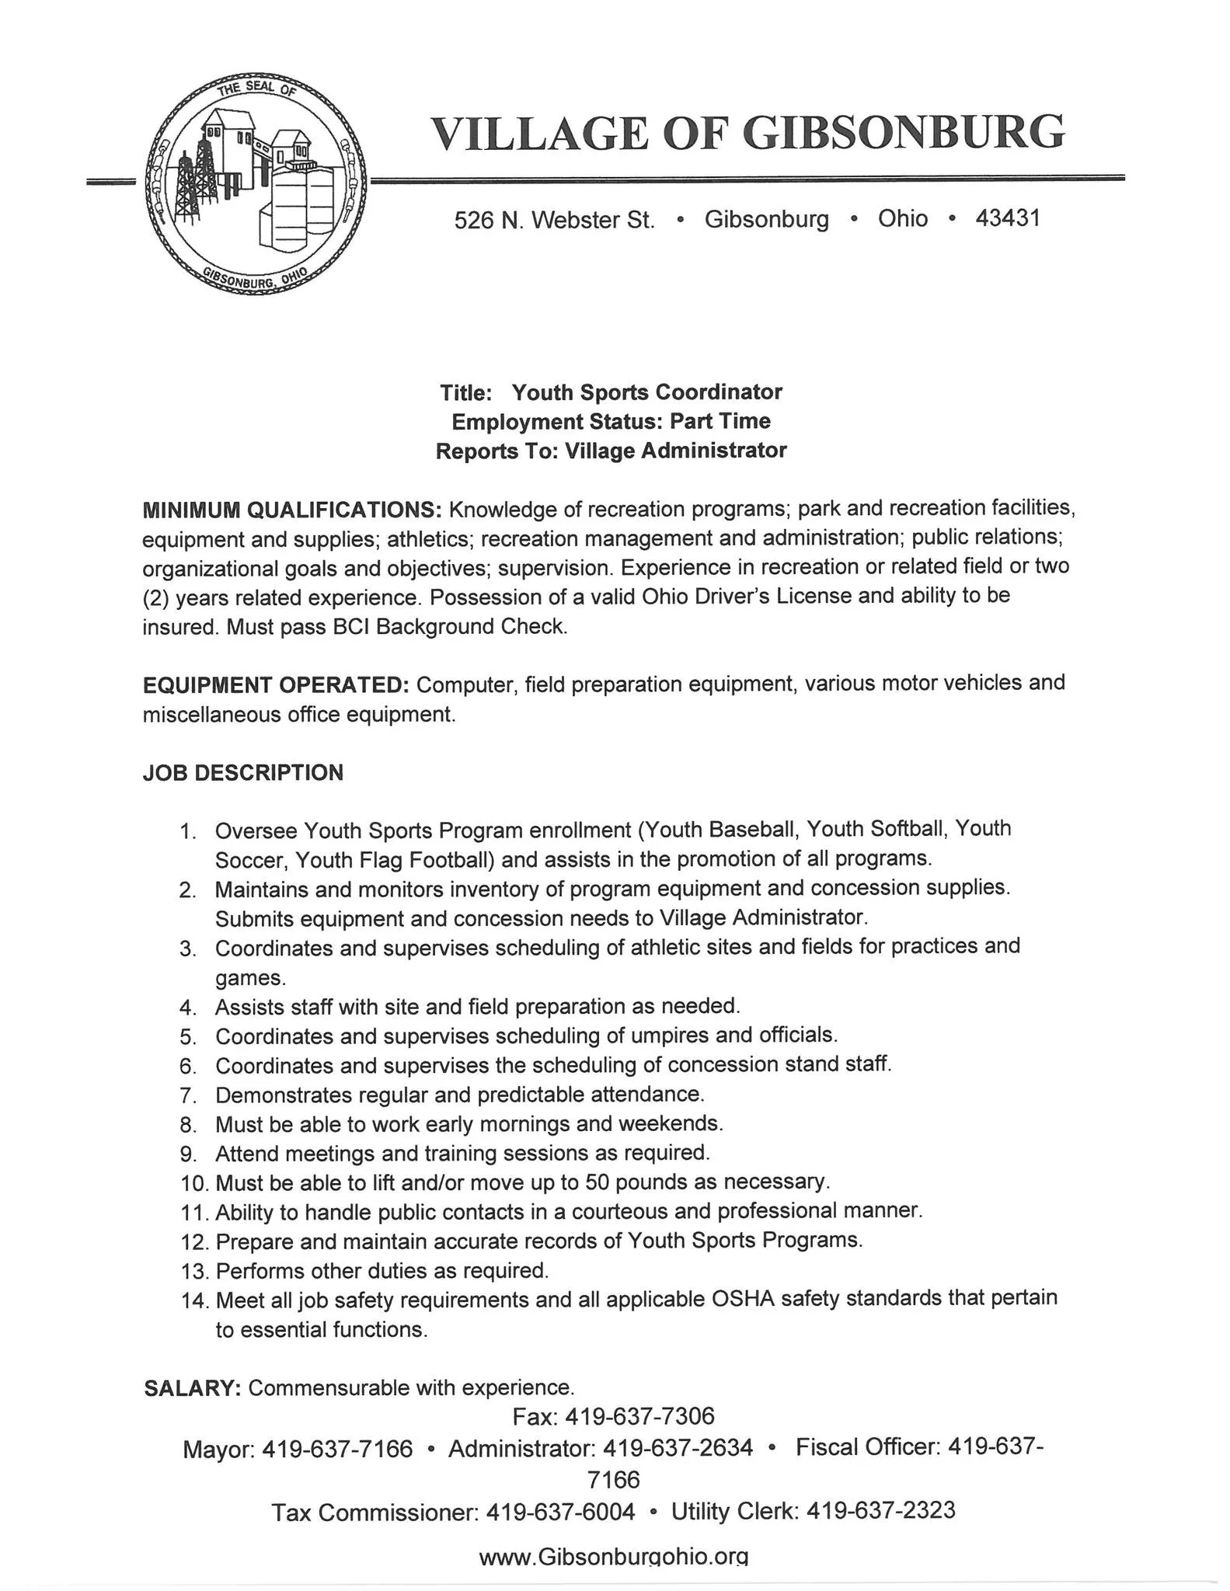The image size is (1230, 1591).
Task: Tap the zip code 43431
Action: click(x=1007, y=218)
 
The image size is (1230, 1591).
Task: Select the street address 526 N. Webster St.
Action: click(x=554, y=221)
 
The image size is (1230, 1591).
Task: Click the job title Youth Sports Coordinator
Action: click(x=646, y=392)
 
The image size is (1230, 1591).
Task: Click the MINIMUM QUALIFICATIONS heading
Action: click(x=292, y=510)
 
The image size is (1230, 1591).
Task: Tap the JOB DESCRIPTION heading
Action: click(x=242, y=773)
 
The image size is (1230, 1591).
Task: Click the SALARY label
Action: click(x=193, y=1388)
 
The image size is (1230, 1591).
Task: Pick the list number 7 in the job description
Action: click(x=186, y=1096)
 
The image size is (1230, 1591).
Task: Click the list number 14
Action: click(x=194, y=1300)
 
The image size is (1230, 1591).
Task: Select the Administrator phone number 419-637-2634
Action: click(x=678, y=1449)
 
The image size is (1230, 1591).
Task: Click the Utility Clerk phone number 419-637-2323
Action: click(x=880, y=1510)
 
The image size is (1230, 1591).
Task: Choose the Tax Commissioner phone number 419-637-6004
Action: click(x=560, y=1512)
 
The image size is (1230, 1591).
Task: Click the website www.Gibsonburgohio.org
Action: click(x=614, y=1557)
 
